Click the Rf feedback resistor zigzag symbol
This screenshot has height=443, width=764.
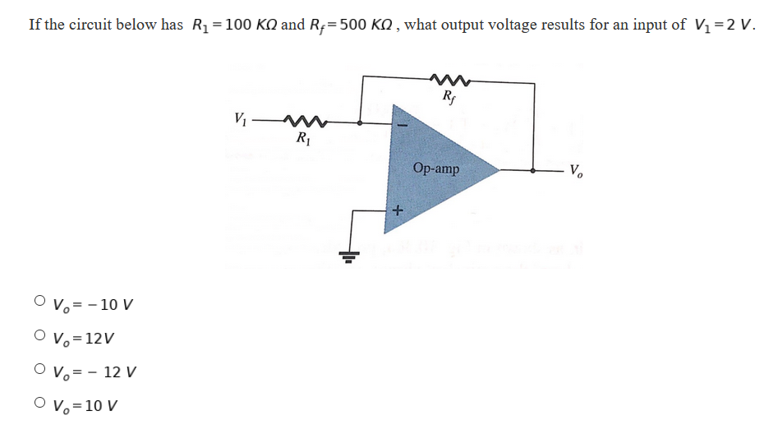(449, 81)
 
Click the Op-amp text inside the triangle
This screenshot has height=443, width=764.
(436, 168)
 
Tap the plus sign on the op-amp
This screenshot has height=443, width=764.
(397, 210)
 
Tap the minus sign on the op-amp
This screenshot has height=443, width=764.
(403, 127)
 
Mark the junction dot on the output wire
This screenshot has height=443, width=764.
(535, 171)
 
